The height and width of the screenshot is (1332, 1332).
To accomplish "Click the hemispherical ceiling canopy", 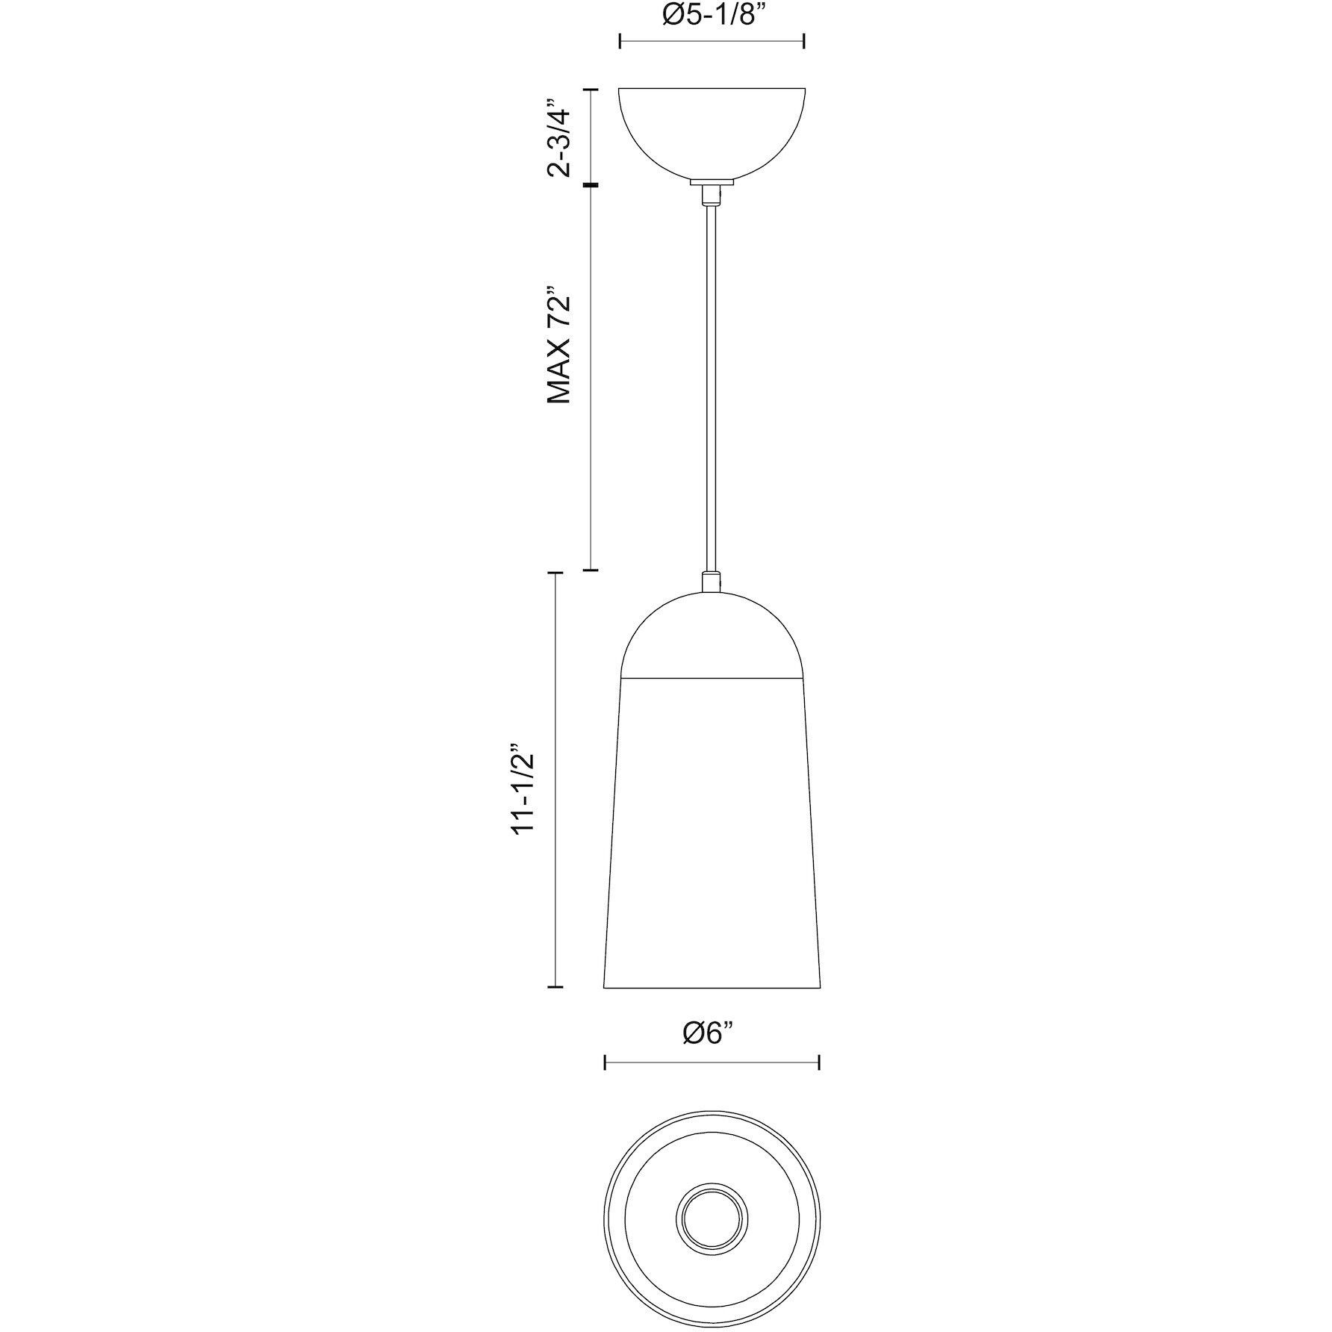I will click(x=712, y=131).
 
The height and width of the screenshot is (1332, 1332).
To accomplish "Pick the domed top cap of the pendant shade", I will click(x=712, y=635).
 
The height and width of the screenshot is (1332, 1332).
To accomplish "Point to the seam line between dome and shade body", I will click(x=712, y=678).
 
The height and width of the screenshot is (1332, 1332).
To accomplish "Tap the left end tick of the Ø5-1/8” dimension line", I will click(x=621, y=41).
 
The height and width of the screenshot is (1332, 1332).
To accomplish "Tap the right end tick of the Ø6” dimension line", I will click(x=820, y=1062).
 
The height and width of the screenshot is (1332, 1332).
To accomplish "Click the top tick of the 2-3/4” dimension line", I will click(x=591, y=90).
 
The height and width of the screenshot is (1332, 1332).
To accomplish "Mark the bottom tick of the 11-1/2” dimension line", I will click(x=555, y=987).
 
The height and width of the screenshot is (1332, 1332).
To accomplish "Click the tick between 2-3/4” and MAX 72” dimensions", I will click(x=591, y=184).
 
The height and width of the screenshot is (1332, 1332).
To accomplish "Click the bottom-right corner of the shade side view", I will click(x=820, y=987).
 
